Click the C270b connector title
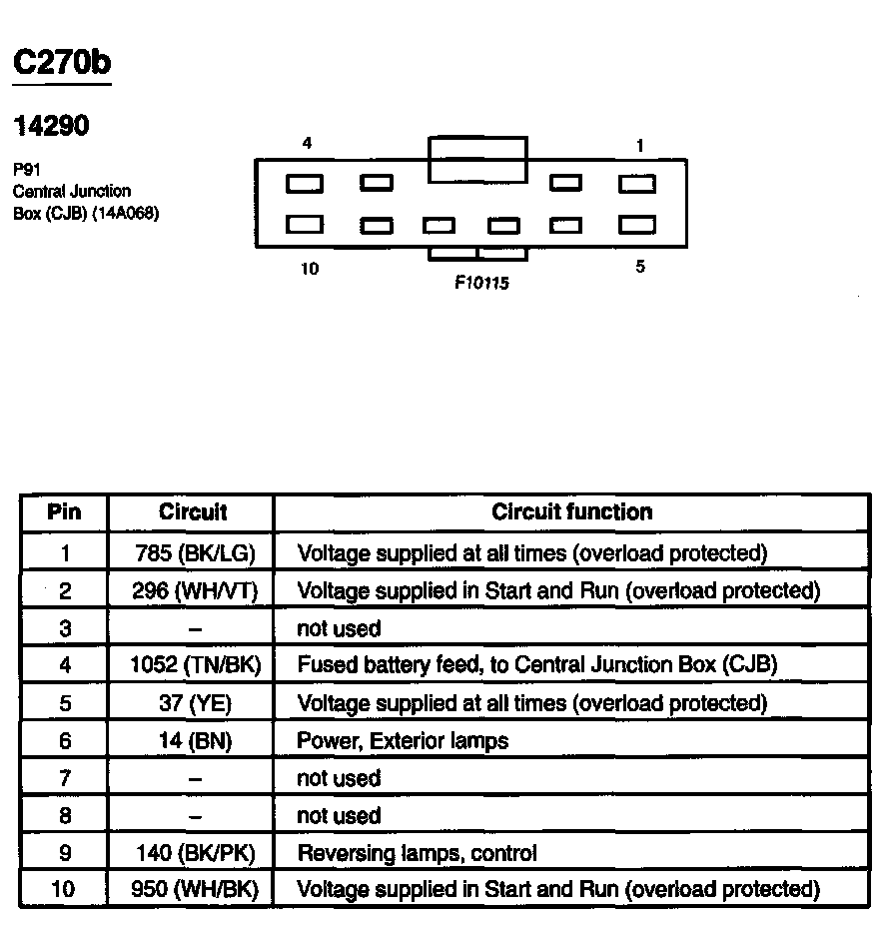(x=61, y=62)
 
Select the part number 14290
(x=51, y=126)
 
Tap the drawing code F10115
(x=481, y=284)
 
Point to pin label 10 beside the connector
(x=310, y=269)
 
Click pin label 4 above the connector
(x=307, y=144)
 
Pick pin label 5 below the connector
(x=640, y=267)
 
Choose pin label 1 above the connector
(x=639, y=146)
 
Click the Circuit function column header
(x=571, y=512)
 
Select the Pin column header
(x=64, y=512)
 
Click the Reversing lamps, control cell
(x=417, y=853)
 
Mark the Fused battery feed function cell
(x=536, y=665)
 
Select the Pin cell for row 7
(x=64, y=778)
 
